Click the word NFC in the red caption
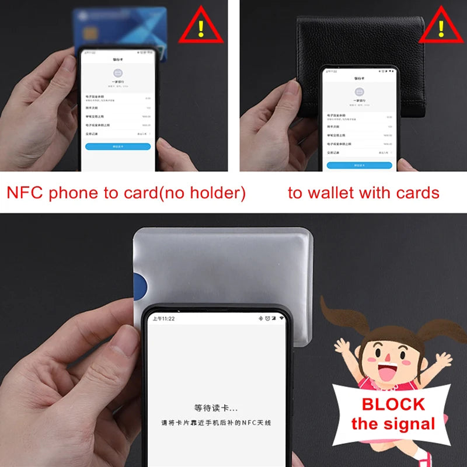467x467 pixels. click(26, 192)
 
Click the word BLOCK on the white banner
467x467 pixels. click(393, 404)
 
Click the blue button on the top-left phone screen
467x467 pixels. click(118, 147)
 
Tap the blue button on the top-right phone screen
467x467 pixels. click(359, 165)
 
